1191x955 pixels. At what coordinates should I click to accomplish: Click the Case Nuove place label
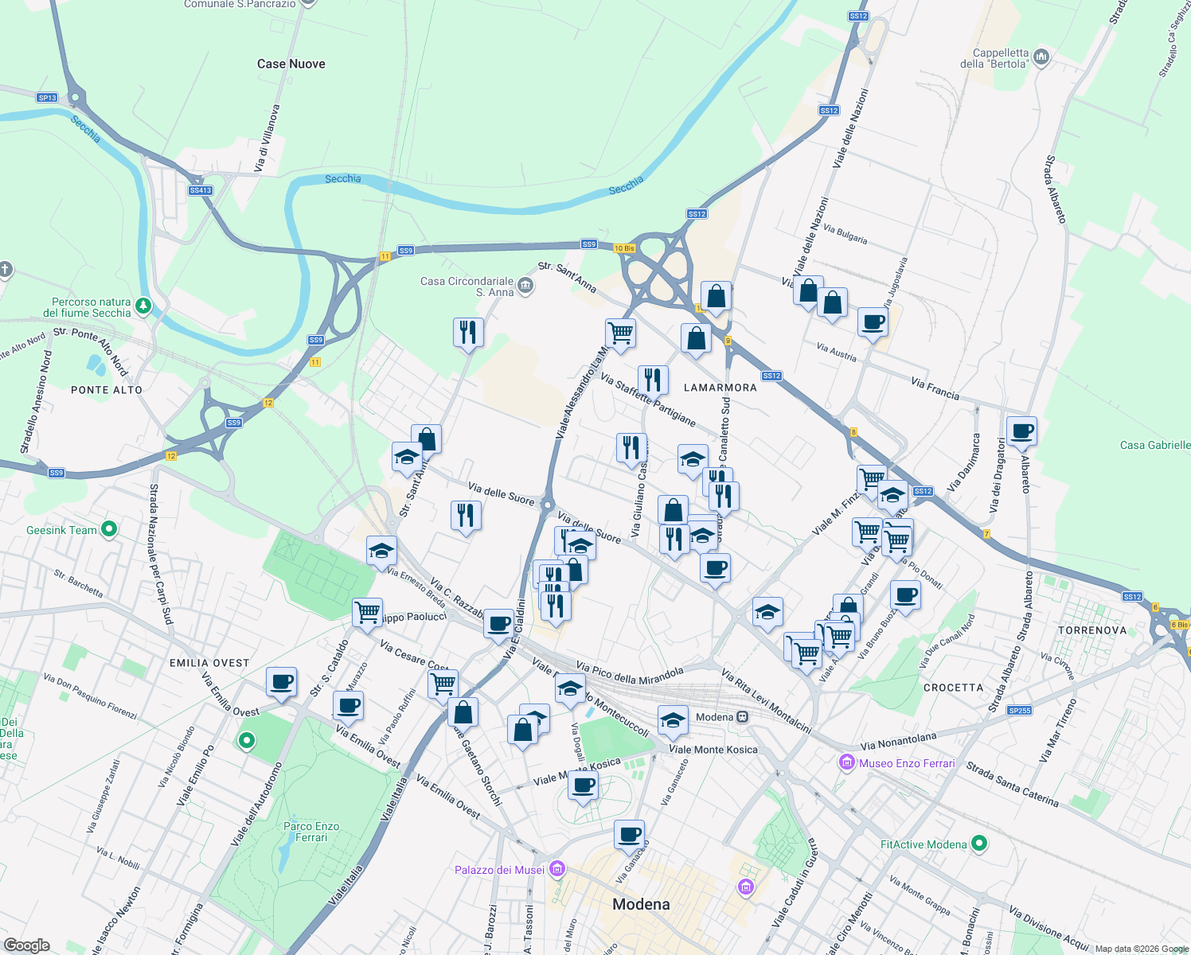click(x=291, y=64)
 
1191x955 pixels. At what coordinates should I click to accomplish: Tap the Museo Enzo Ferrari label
click(x=906, y=763)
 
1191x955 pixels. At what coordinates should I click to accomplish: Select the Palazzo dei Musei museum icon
click(x=557, y=869)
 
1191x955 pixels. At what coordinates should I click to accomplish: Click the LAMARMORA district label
click(x=720, y=388)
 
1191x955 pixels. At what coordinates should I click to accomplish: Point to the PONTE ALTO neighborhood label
click(x=107, y=390)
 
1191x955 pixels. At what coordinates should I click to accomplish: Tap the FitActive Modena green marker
click(x=980, y=843)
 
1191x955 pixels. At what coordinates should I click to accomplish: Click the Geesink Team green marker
click(x=110, y=528)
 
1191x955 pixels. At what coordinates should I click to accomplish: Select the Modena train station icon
click(x=742, y=717)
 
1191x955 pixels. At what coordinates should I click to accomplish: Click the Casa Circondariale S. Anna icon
click(x=525, y=286)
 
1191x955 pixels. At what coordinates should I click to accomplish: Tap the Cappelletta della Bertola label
click(x=1000, y=58)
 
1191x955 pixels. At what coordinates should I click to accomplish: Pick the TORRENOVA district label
click(x=1092, y=630)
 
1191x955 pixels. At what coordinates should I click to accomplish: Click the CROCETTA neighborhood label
click(x=953, y=687)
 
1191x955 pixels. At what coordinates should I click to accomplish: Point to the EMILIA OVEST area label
click(x=209, y=662)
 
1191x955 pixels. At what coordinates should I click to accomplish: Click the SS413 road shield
click(x=201, y=190)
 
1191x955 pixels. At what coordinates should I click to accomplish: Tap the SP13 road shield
click(x=47, y=97)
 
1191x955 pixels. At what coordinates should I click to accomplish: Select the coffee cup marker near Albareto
click(x=1021, y=431)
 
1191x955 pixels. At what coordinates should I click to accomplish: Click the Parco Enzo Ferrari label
click(x=311, y=832)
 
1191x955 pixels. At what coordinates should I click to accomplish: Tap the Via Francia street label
click(x=935, y=388)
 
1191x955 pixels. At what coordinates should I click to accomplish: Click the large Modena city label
click(x=641, y=904)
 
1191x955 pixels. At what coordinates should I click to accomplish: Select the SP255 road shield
click(x=1019, y=711)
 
